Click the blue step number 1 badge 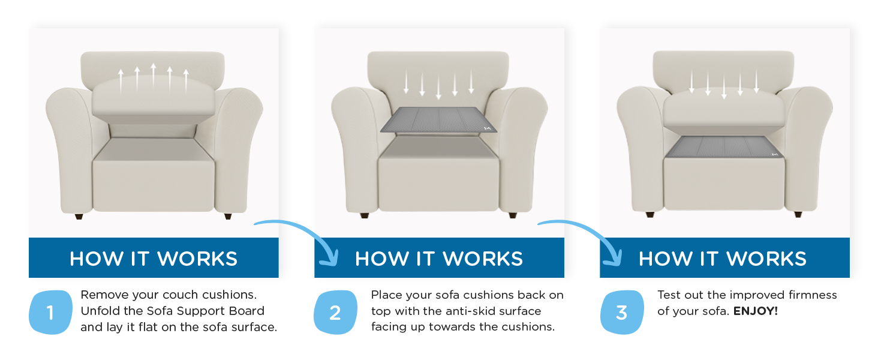(50, 313)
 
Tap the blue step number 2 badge (335, 313)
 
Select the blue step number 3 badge (621, 313)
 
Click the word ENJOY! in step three (756, 311)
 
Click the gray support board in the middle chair (440, 120)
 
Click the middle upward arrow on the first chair (154, 75)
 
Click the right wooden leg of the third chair (798, 214)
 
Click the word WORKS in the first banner (197, 259)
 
